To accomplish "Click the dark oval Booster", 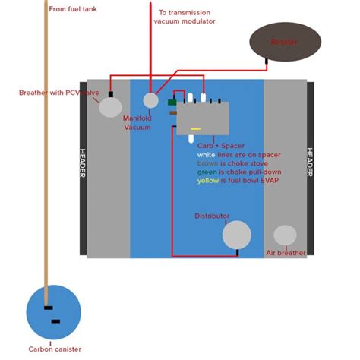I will point(286,42).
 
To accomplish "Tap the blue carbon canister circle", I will point(53,313).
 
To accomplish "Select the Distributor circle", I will point(236,235).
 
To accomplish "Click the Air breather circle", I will point(285,235).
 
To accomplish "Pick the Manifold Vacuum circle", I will point(151,100).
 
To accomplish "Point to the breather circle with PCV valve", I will point(110,107).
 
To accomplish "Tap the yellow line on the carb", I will point(195,128).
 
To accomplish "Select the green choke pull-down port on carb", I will point(172,102).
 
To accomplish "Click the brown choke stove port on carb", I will point(173,112).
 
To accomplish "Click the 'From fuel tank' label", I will point(73,9).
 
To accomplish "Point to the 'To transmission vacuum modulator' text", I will point(185,17).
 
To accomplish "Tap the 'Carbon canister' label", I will point(55,349).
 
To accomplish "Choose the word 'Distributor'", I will point(212,216).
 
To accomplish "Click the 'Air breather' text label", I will point(286,253).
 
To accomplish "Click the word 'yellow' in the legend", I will point(208,181).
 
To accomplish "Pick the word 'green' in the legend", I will point(207,172).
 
